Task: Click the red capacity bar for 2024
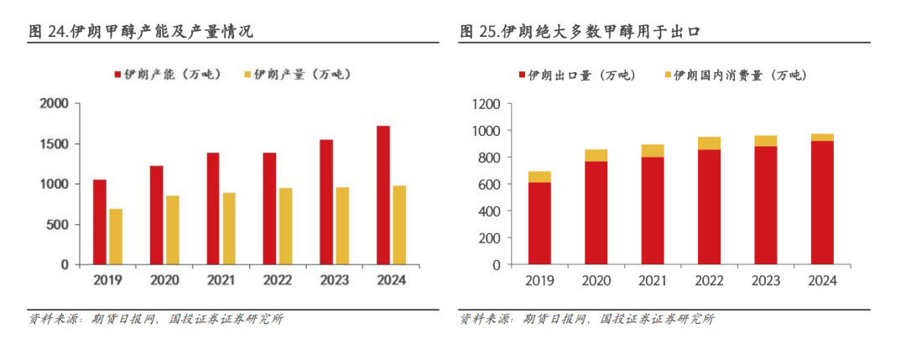coord(383,196)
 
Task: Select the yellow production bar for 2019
coord(115,237)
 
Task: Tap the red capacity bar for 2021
coord(213,209)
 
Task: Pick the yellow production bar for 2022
coord(285,227)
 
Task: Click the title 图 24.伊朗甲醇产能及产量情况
coord(141,32)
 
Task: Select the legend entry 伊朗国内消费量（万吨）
coord(735,75)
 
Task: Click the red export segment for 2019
coord(540,223)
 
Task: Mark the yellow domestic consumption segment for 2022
coord(710,143)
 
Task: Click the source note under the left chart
coord(156,319)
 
